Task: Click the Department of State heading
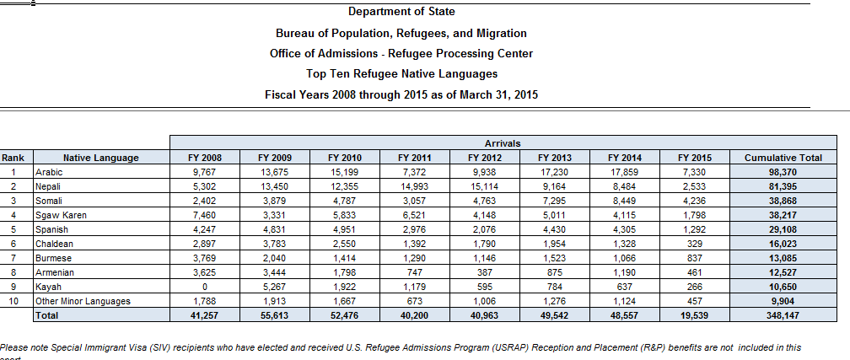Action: (401, 12)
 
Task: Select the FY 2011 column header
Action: (415, 158)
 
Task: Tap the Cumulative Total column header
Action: (783, 158)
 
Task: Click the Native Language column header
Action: (100, 158)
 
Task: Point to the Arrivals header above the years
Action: (503, 144)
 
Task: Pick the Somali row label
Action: (48, 201)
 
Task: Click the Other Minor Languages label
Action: (83, 301)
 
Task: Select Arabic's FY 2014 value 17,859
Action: (626, 172)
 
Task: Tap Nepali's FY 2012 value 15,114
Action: (484, 186)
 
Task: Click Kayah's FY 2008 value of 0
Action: (206, 287)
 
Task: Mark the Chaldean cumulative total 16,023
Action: (783, 244)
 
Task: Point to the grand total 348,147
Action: (783, 315)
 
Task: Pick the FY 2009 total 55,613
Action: (275, 315)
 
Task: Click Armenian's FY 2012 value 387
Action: (484, 272)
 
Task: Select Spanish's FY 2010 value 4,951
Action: (346, 229)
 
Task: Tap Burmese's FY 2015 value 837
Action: (694, 258)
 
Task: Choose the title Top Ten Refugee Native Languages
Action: (401, 74)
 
